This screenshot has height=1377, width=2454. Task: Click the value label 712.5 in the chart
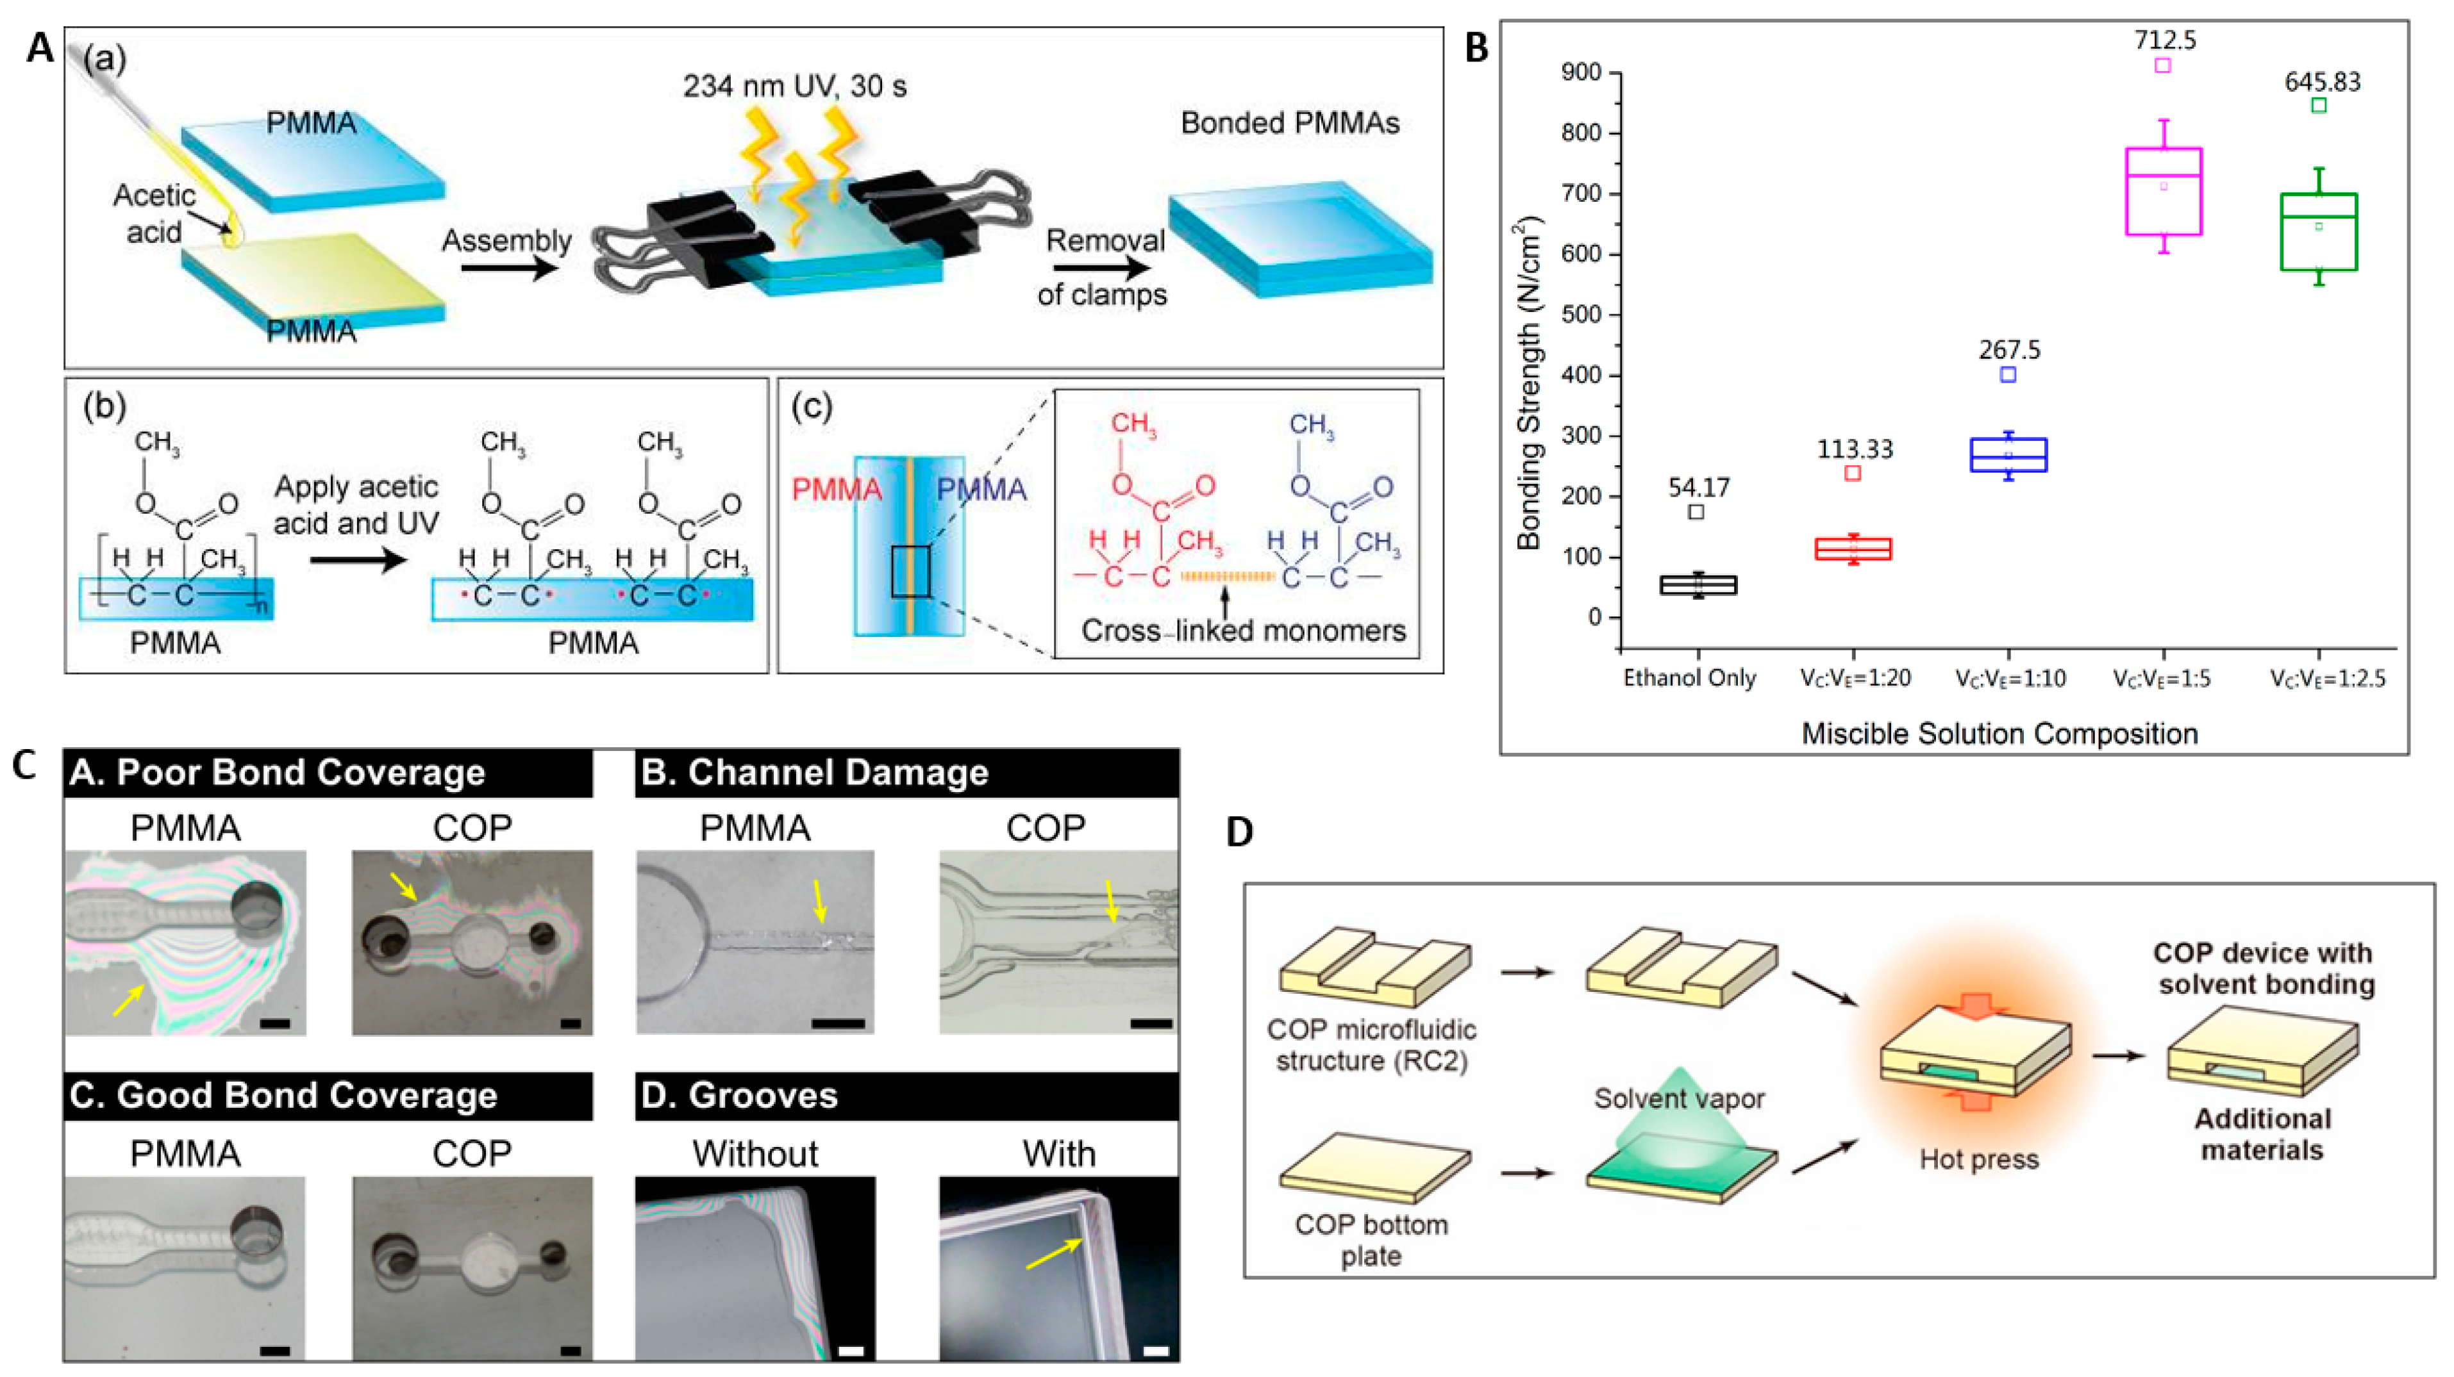(2164, 40)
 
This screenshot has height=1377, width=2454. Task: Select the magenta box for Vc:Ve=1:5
(2164, 192)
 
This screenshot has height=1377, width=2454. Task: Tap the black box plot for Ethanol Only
(1698, 585)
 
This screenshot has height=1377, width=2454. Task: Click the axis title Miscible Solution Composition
(1999, 734)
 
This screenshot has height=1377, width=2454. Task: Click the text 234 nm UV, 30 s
(794, 87)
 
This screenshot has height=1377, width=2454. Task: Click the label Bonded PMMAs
(1290, 124)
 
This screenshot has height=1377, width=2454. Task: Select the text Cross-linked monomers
(1243, 631)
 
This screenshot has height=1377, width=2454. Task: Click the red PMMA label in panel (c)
(837, 490)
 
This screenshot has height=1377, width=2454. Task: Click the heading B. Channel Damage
(815, 772)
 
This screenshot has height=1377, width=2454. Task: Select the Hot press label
(1978, 1160)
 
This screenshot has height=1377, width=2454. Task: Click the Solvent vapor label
(1678, 1099)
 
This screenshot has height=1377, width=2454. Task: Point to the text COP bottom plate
(1371, 1239)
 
